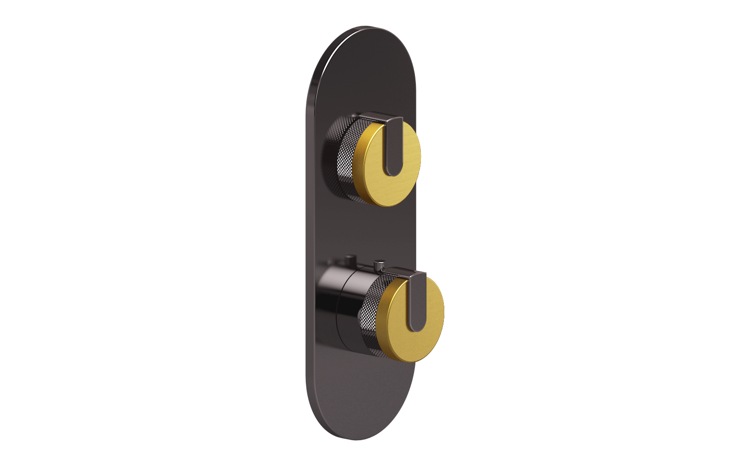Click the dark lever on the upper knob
(395, 147)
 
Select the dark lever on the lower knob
(418, 304)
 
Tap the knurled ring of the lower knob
(370, 322)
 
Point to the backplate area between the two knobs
(363, 230)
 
